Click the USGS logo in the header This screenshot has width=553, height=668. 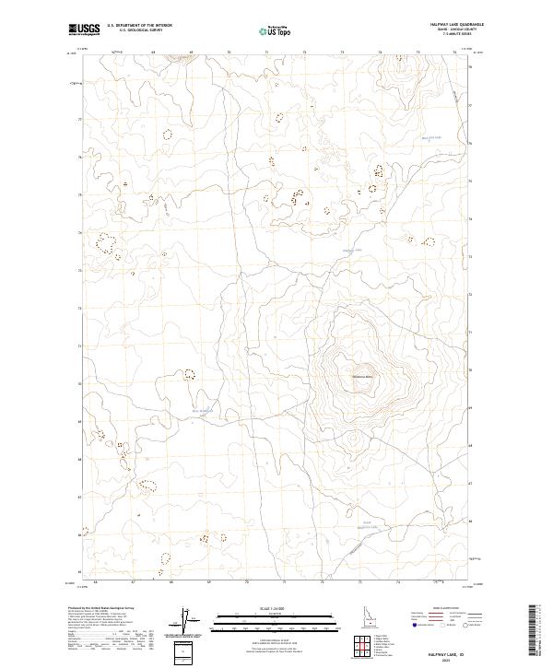click(85, 29)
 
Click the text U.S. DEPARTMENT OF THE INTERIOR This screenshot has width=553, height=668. click(139, 26)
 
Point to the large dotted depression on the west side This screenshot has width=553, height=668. click(107, 244)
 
